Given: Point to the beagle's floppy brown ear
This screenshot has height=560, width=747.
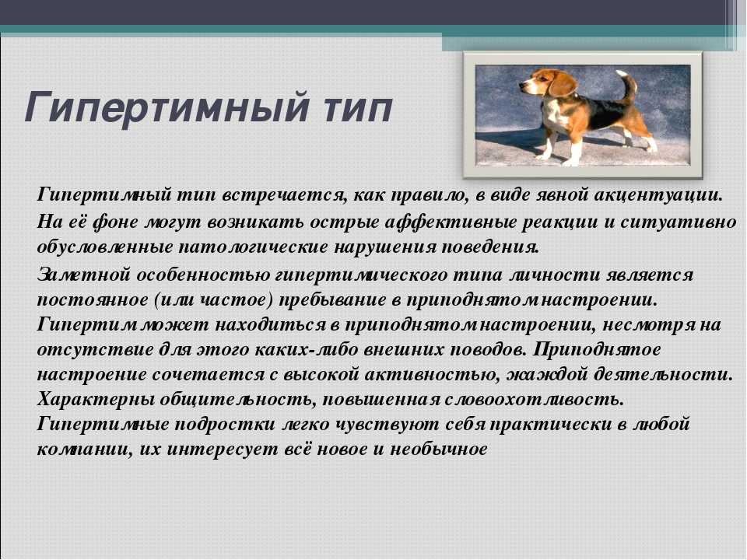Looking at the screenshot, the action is point(562,83).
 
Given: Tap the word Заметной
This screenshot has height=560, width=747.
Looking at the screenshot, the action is point(84,275).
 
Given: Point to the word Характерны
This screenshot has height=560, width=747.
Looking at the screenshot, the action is point(95,400).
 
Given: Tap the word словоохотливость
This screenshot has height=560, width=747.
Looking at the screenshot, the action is point(534,400).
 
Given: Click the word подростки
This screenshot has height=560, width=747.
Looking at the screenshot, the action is point(225,425).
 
